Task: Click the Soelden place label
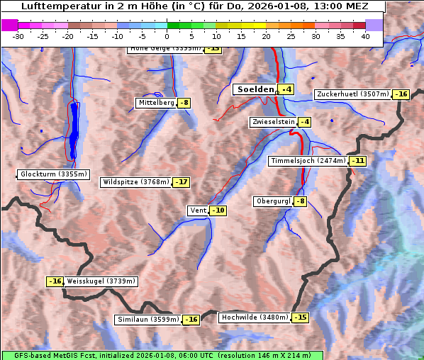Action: [x=255, y=89]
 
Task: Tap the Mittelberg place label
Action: [x=156, y=103]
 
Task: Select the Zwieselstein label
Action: [x=273, y=122]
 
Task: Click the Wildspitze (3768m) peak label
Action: [x=136, y=182]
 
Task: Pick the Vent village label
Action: [x=198, y=210]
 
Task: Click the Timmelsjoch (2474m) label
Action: [x=308, y=161]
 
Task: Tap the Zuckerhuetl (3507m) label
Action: [x=353, y=94]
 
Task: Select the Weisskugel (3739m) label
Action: [x=101, y=281]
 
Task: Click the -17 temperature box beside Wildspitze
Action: [x=182, y=182]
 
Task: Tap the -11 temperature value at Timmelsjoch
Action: [x=358, y=161]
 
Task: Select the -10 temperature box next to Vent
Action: [x=218, y=210]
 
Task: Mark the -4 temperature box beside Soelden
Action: [x=286, y=89]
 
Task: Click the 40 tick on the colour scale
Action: [x=365, y=36]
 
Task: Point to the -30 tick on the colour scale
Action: [x=18, y=36]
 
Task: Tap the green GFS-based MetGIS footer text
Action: [x=162, y=355]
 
